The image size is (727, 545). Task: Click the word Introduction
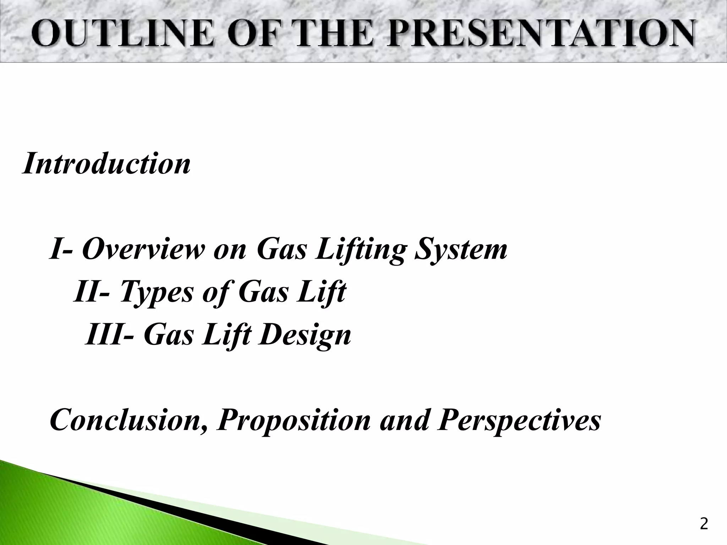click(106, 163)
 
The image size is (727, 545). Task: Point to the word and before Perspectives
click(404, 420)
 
